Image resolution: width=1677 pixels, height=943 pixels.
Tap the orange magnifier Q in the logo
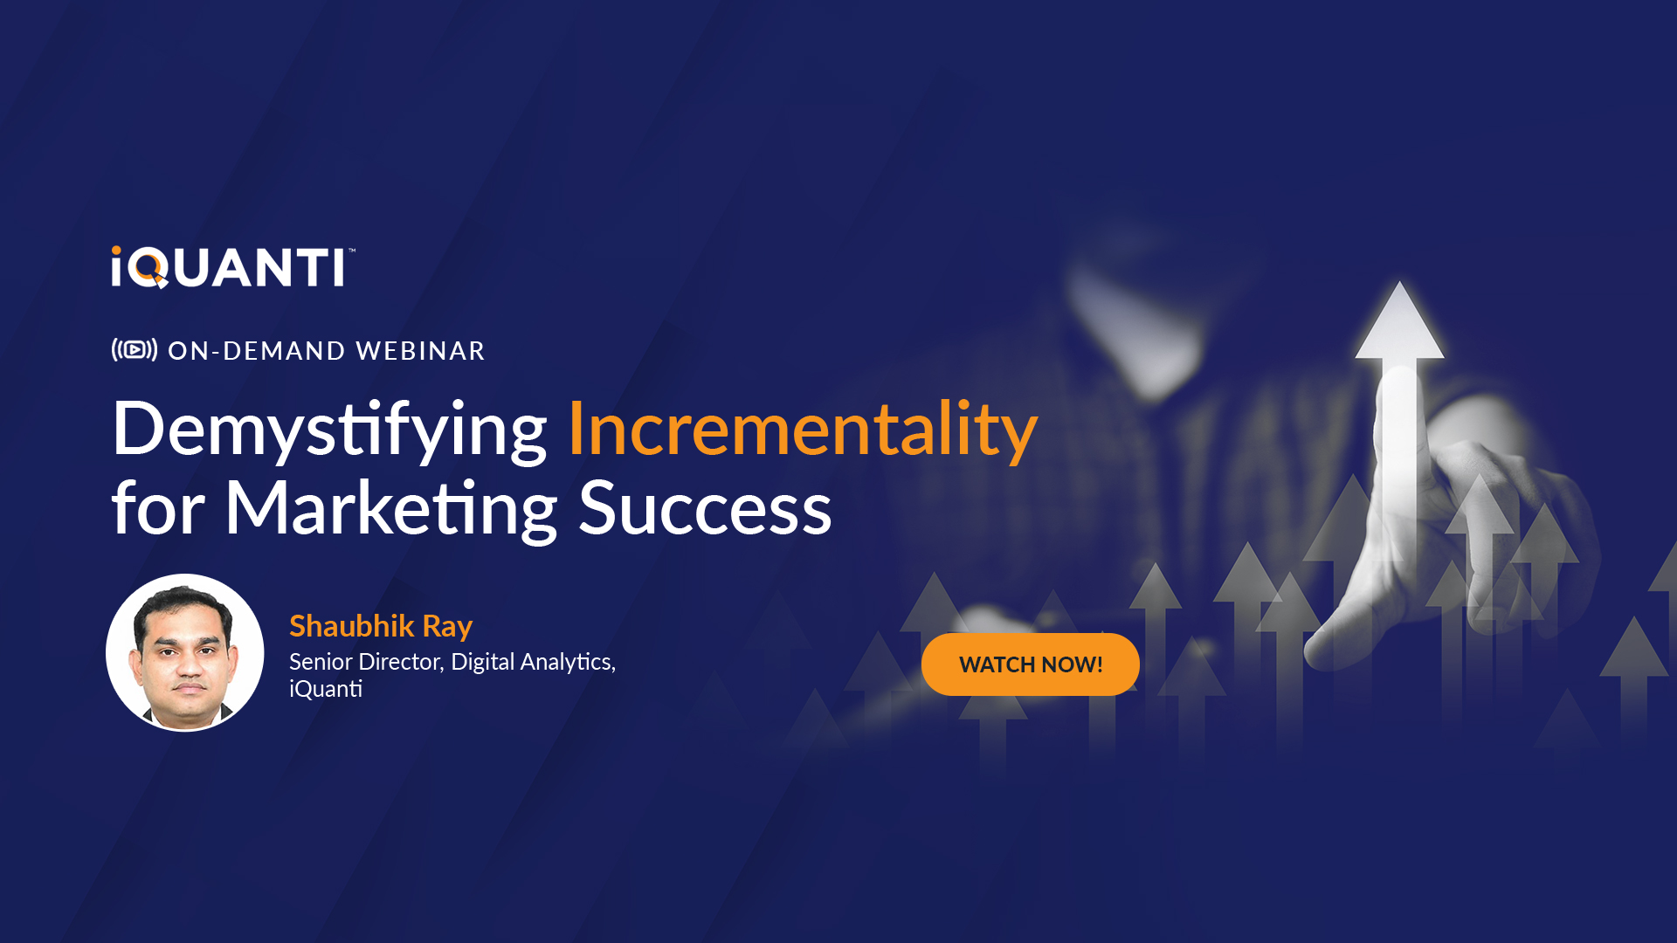150,269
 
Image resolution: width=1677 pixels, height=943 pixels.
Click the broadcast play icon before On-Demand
134,350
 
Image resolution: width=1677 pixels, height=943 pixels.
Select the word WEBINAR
420,351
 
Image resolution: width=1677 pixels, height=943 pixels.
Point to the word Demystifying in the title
329,430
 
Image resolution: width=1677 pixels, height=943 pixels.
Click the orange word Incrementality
802,430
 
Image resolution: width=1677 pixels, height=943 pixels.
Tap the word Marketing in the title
390,508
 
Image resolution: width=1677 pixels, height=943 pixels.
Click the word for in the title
158,508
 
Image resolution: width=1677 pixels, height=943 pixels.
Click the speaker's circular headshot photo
184,652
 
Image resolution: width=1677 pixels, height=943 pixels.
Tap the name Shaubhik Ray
381,626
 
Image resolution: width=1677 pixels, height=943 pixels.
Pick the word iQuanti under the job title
326,689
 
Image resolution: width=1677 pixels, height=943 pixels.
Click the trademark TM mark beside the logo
352,251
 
